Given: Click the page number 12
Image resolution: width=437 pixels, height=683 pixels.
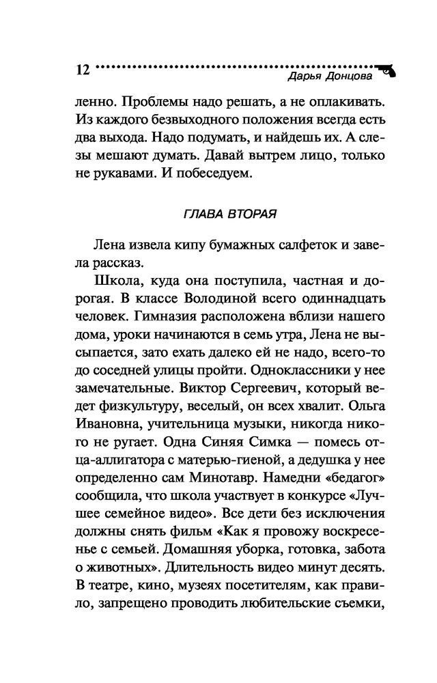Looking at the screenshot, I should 81,70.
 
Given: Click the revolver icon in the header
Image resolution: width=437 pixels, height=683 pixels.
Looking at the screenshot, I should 388,69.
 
